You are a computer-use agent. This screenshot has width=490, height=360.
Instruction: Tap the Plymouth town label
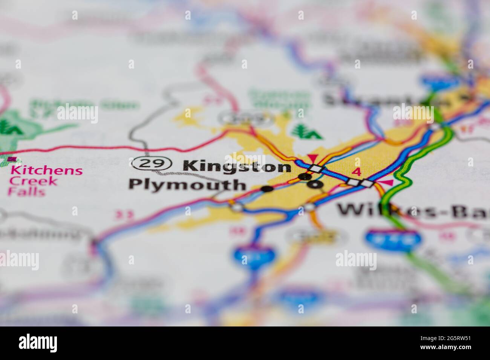pos(187,185)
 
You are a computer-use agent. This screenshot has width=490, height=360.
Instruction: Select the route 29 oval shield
pos(152,163)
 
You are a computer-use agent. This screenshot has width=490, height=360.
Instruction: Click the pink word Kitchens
pos(47,170)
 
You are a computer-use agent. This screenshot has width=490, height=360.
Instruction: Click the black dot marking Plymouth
pos(267,189)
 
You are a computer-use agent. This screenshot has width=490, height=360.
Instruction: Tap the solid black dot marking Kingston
pos(305,176)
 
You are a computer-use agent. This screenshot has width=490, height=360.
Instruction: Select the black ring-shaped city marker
pos(315,184)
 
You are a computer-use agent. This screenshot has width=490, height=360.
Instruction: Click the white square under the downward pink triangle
pos(316,168)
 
